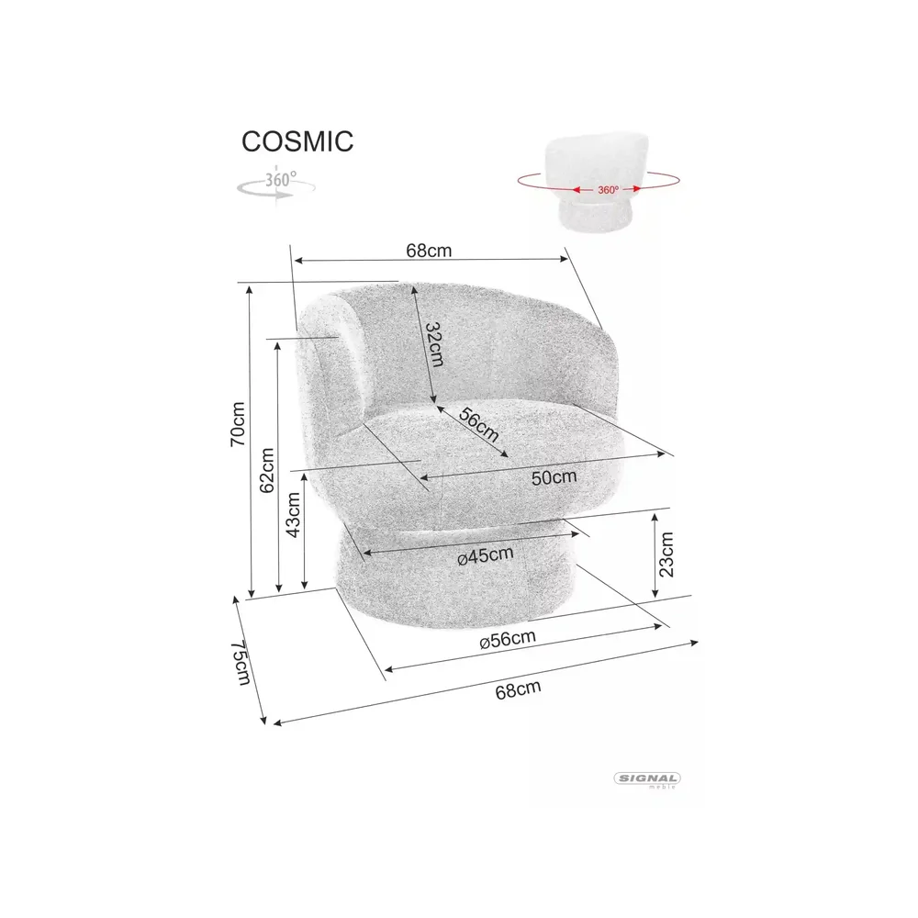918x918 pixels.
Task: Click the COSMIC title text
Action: [297, 141]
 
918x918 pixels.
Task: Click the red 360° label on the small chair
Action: [608, 190]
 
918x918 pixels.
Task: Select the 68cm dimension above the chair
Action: [429, 251]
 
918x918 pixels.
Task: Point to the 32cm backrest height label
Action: [434, 344]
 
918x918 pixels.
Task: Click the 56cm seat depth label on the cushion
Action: [479, 425]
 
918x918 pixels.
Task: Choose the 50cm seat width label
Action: [554, 477]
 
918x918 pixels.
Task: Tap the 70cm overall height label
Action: [238, 424]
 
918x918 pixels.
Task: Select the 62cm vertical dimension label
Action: [267, 470]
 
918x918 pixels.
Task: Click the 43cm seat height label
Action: [293, 515]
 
